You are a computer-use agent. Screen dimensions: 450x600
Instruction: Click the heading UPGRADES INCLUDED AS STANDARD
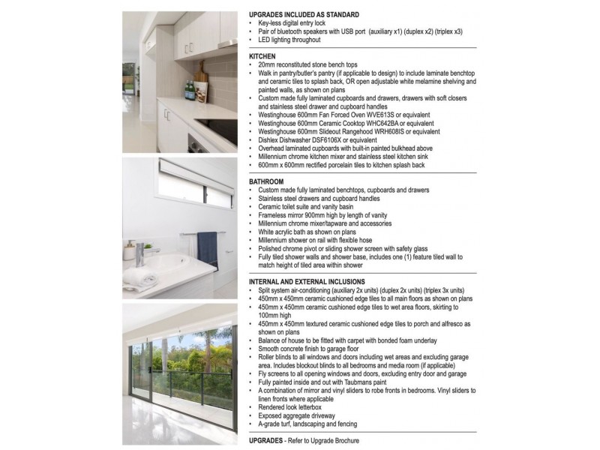(x=304, y=15)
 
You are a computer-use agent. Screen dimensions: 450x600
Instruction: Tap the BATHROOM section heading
(x=266, y=181)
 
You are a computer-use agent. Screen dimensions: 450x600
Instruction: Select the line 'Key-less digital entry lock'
(x=297, y=23)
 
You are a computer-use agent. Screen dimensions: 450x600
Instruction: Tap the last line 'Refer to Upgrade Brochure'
(x=322, y=440)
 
